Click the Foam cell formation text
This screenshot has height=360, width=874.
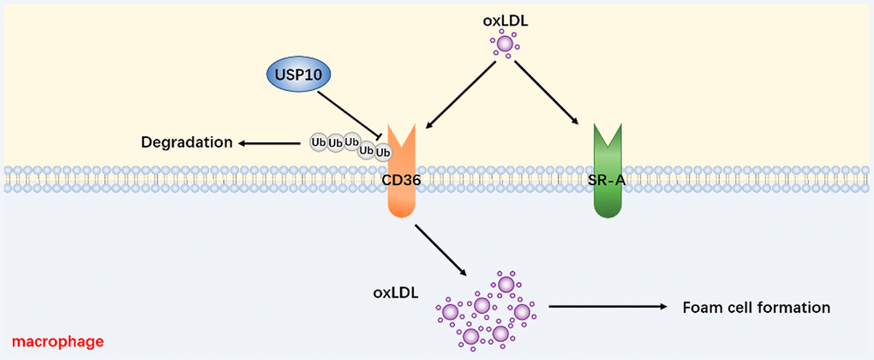[x=757, y=307]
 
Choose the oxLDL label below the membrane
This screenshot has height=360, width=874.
[x=396, y=293]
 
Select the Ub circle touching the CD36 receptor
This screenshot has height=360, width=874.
[x=383, y=153]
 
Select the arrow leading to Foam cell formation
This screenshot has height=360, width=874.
[x=609, y=306]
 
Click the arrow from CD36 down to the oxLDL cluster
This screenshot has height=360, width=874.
[x=440, y=251]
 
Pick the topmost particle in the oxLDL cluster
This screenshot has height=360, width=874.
[x=506, y=284]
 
